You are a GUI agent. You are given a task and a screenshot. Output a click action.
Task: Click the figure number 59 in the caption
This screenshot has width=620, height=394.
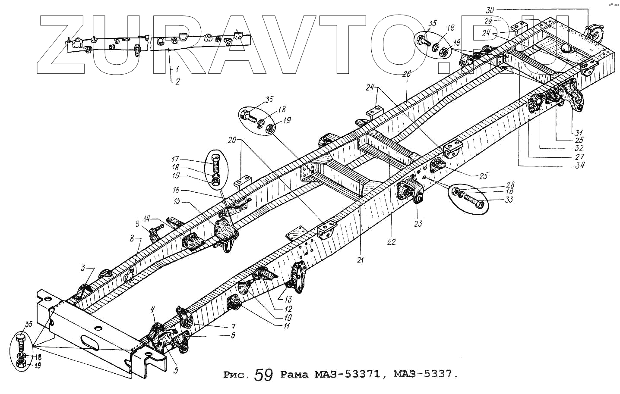pos(263,375)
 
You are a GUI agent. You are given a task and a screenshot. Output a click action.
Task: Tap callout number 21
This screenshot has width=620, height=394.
pos(360,260)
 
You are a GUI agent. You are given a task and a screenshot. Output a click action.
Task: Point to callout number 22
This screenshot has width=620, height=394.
pos(391,242)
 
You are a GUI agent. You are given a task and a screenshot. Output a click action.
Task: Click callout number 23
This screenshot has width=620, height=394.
pos(418,223)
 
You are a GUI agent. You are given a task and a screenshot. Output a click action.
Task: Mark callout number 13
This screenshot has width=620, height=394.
pos(288,299)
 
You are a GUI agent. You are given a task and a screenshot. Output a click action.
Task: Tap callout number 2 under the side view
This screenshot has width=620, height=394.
pos(177,81)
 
